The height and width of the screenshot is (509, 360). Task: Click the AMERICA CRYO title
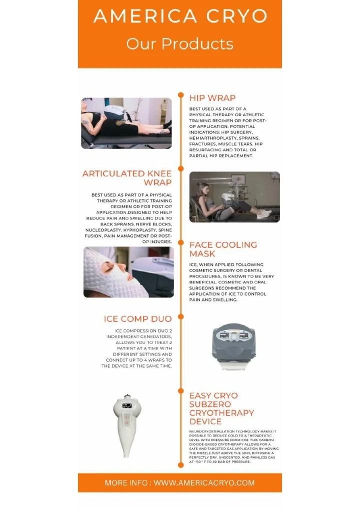[x=180, y=16]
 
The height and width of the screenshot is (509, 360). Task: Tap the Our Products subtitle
[x=180, y=44]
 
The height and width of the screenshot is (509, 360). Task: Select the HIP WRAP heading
[x=212, y=98]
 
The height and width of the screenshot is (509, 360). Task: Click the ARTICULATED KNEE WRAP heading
[x=127, y=178]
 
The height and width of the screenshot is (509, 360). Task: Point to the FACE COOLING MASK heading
[x=223, y=249]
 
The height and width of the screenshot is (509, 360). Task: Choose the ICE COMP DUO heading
[x=137, y=319]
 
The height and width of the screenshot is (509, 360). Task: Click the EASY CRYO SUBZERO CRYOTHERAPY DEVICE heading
[x=221, y=408]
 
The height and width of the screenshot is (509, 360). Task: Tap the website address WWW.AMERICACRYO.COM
[x=204, y=483]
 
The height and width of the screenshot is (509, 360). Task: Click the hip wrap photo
[x=126, y=123]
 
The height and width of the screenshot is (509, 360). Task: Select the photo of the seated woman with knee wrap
[x=234, y=197]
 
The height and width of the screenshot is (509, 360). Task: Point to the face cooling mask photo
[x=128, y=272]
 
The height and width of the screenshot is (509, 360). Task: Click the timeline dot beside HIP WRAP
[x=180, y=95]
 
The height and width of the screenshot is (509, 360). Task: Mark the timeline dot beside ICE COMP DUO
[x=180, y=316]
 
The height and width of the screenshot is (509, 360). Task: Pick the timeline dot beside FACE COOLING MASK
[x=180, y=242]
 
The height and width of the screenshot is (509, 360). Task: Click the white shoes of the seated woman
[x=263, y=213]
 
